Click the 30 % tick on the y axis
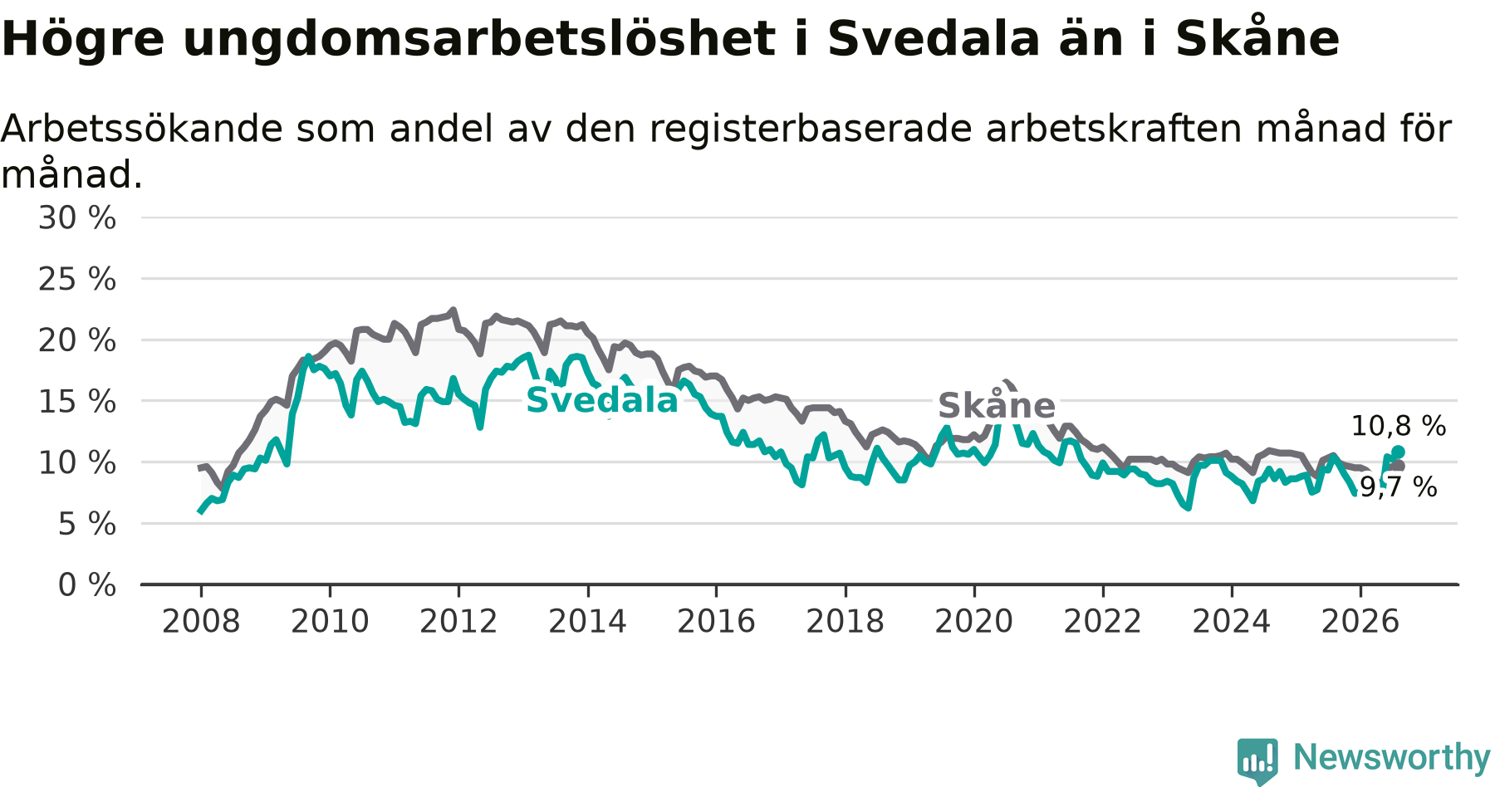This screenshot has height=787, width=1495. pyautogui.click(x=77, y=218)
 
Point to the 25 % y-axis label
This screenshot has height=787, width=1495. pyautogui.click(x=77, y=280)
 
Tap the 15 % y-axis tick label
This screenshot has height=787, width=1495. pyautogui.click(x=77, y=402)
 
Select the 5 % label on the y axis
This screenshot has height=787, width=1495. pyautogui.click(x=87, y=524)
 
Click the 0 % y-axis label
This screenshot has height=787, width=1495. pyautogui.click(x=87, y=585)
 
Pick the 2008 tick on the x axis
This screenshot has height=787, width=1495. pyautogui.click(x=201, y=622)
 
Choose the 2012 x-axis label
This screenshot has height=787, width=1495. pyautogui.click(x=458, y=622)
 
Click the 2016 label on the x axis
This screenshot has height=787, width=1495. pyautogui.click(x=716, y=622)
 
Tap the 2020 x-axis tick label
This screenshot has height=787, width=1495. pyautogui.click(x=974, y=622)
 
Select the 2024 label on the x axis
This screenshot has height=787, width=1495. pyautogui.click(x=1232, y=622)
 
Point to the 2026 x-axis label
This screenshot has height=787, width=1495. pyautogui.click(x=1360, y=622)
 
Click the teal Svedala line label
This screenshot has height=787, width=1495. pyautogui.click(x=602, y=401)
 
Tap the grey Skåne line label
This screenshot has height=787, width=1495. pyautogui.click(x=997, y=406)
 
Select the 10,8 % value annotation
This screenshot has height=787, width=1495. pyautogui.click(x=1399, y=427)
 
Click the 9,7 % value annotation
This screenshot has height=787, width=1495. pyautogui.click(x=1399, y=487)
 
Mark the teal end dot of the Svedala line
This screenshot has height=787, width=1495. pyautogui.click(x=1398, y=452)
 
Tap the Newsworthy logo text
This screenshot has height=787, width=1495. pyautogui.click(x=1392, y=757)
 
